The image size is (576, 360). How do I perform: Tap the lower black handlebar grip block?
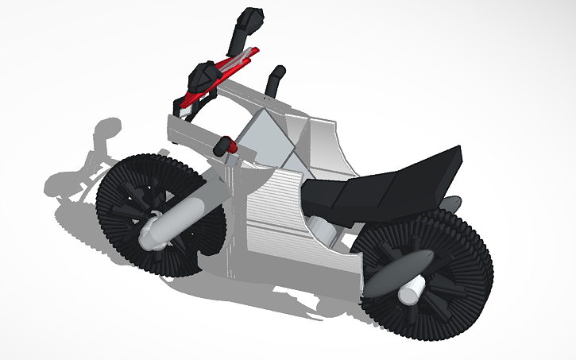203,75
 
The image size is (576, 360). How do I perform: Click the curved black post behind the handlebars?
275,79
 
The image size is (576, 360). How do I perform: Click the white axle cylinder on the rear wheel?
410,292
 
